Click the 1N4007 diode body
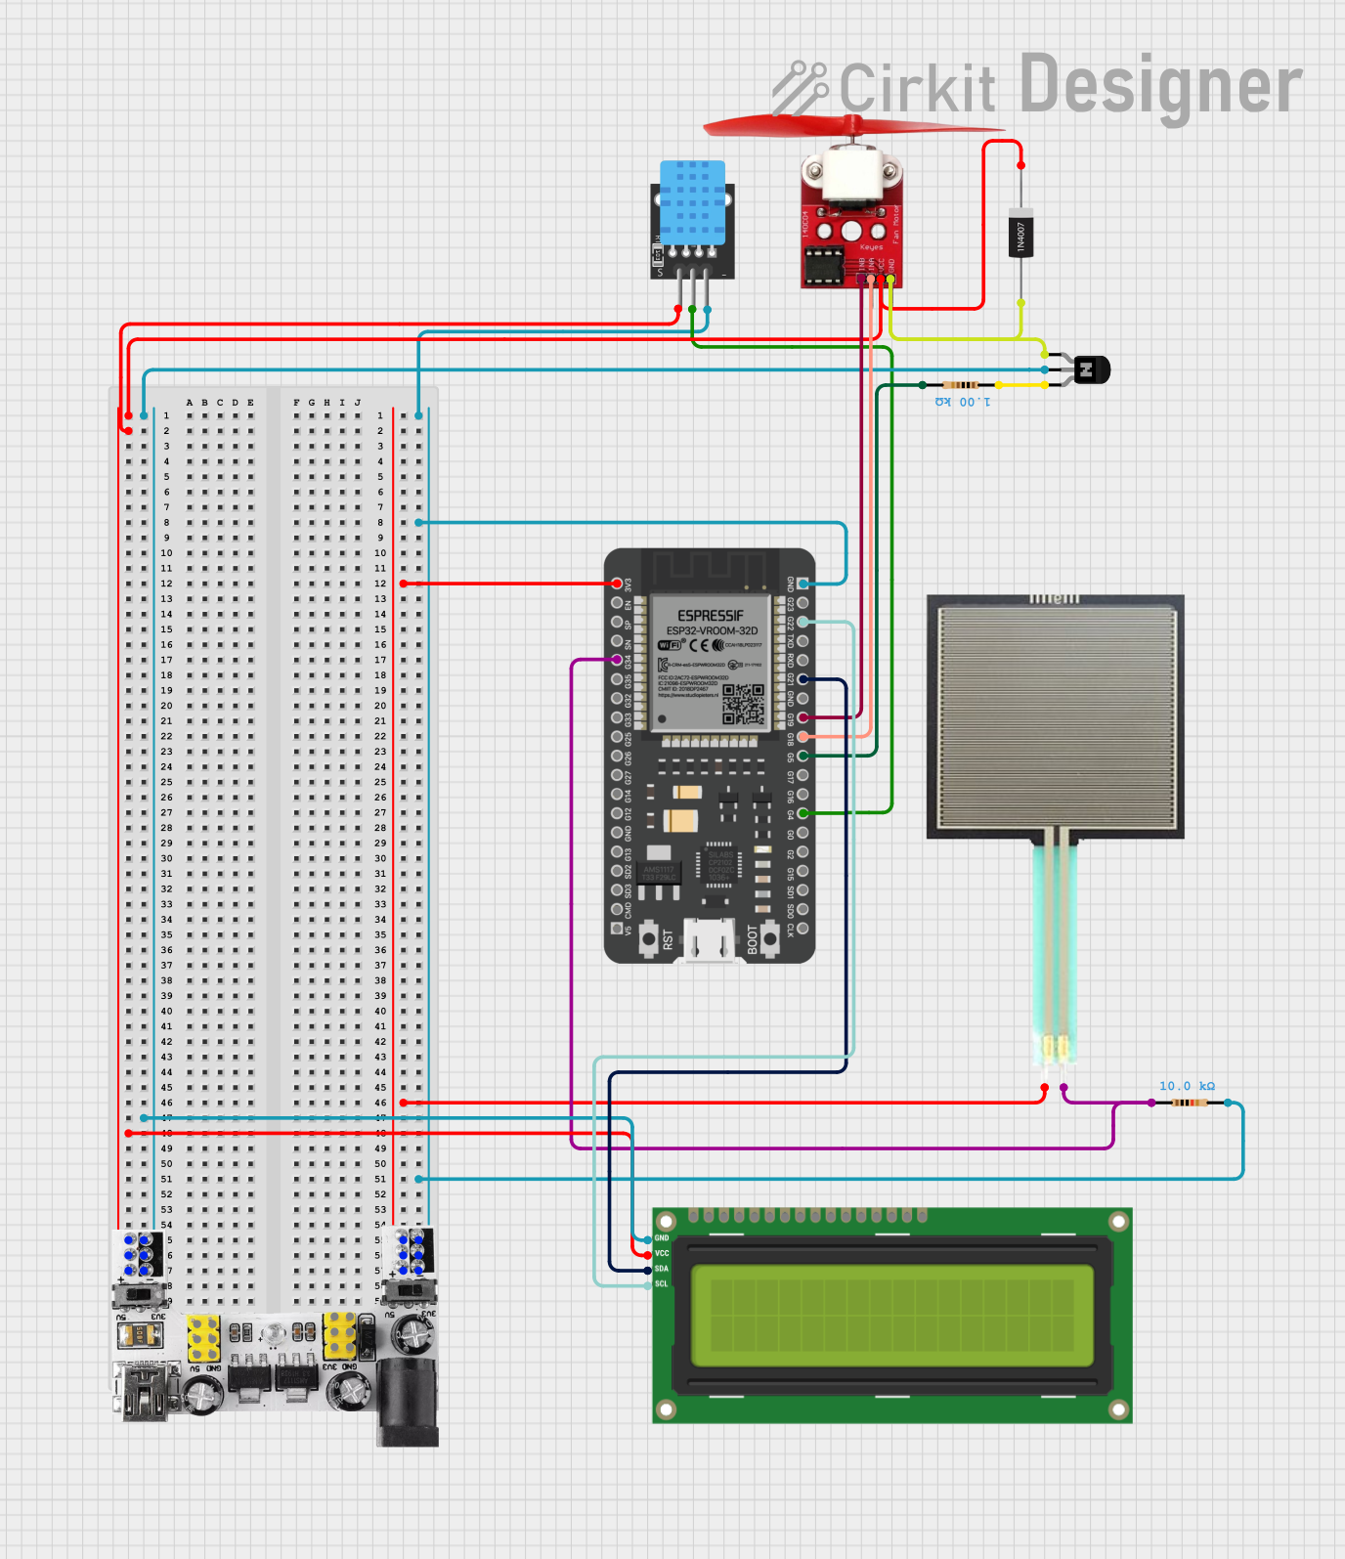1020,235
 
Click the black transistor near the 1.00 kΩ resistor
1092,370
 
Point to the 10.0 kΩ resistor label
1187,1086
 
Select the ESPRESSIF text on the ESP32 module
711,616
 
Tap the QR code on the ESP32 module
743,705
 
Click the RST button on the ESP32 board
649,938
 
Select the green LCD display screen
891,1316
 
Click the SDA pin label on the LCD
662,1269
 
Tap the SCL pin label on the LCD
662,1284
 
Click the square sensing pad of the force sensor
1056,715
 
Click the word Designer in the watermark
1160,86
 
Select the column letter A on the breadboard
190,403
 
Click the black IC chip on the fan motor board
823,264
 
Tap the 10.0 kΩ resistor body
1190,1103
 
